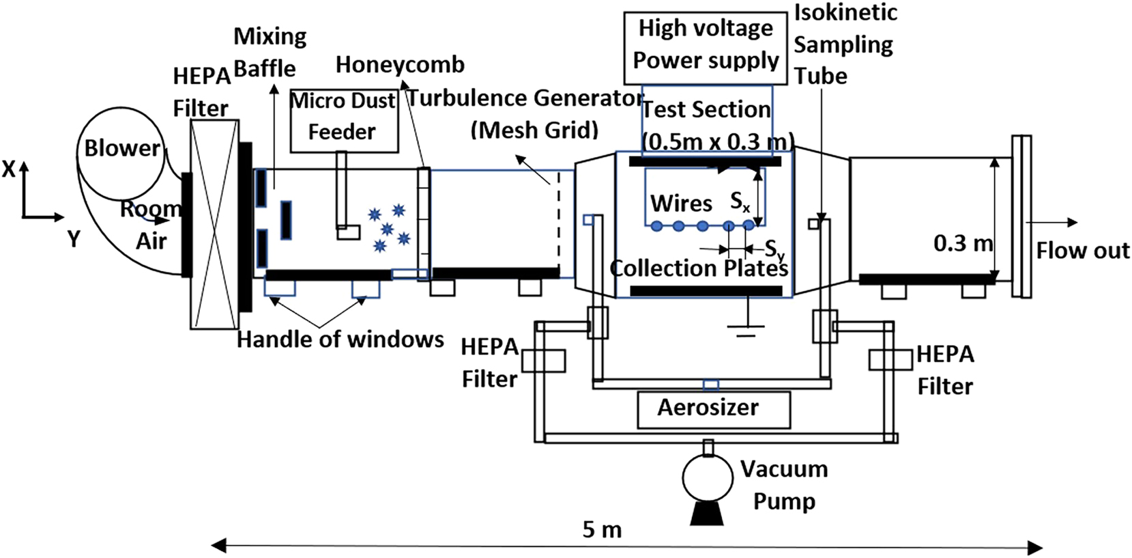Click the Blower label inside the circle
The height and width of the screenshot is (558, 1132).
click(x=121, y=148)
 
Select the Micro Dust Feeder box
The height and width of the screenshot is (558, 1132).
click(x=343, y=120)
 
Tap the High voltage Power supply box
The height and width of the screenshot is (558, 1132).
click(x=706, y=45)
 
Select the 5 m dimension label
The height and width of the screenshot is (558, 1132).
click(x=602, y=529)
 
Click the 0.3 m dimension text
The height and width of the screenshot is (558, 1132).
click(x=963, y=243)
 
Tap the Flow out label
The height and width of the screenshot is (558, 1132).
click(x=1083, y=251)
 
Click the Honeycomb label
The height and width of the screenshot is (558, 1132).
click(x=400, y=65)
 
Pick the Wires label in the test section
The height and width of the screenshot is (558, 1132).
click(x=681, y=204)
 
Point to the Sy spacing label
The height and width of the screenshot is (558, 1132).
click(x=774, y=249)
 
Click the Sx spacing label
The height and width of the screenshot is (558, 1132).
click(x=740, y=201)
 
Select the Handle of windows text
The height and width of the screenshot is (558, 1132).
click(x=340, y=339)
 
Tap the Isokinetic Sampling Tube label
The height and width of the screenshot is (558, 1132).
click(x=845, y=44)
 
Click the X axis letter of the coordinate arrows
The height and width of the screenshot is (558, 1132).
click(x=8, y=169)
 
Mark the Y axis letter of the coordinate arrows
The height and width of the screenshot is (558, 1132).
click(x=73, y=239)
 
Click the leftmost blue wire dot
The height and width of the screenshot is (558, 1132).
click(x=656, y=226)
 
